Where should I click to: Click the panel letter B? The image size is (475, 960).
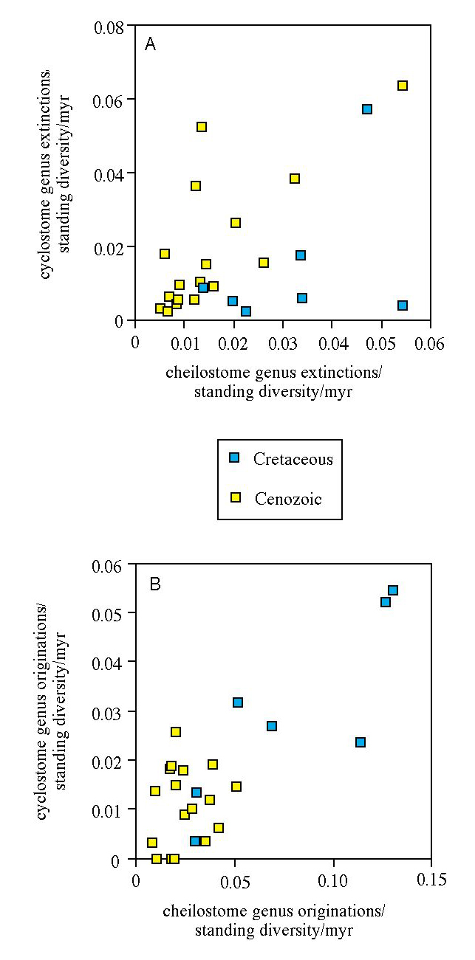pyautogui.click(x=155, y=585)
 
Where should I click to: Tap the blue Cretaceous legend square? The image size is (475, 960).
pyautogui.click(x=234, y=458)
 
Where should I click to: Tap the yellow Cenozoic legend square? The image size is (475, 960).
pyautogui.click(x=234, y=498)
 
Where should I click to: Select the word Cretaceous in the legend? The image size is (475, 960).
pyautogui.click(x=293, y=459)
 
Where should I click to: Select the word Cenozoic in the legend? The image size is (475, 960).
pyautogui.click(x=288, y=499)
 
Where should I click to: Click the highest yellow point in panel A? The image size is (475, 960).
pyautogui.click(x=403, y=86)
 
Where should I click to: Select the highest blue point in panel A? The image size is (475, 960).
pyautogui.click(x=367, y=109)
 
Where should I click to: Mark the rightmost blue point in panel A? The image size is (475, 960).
pyautogui.click(x=403, y=305)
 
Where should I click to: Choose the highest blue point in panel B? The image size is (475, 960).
pyautogui.click(x=393, y=590)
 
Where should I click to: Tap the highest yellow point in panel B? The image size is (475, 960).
pyautogui.click(x=176, y=732)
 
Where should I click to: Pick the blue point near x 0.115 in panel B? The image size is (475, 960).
pyautogui.click(x=360, y=742)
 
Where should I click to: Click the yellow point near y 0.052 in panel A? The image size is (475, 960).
pyautogui.click(x=202, y=127)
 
